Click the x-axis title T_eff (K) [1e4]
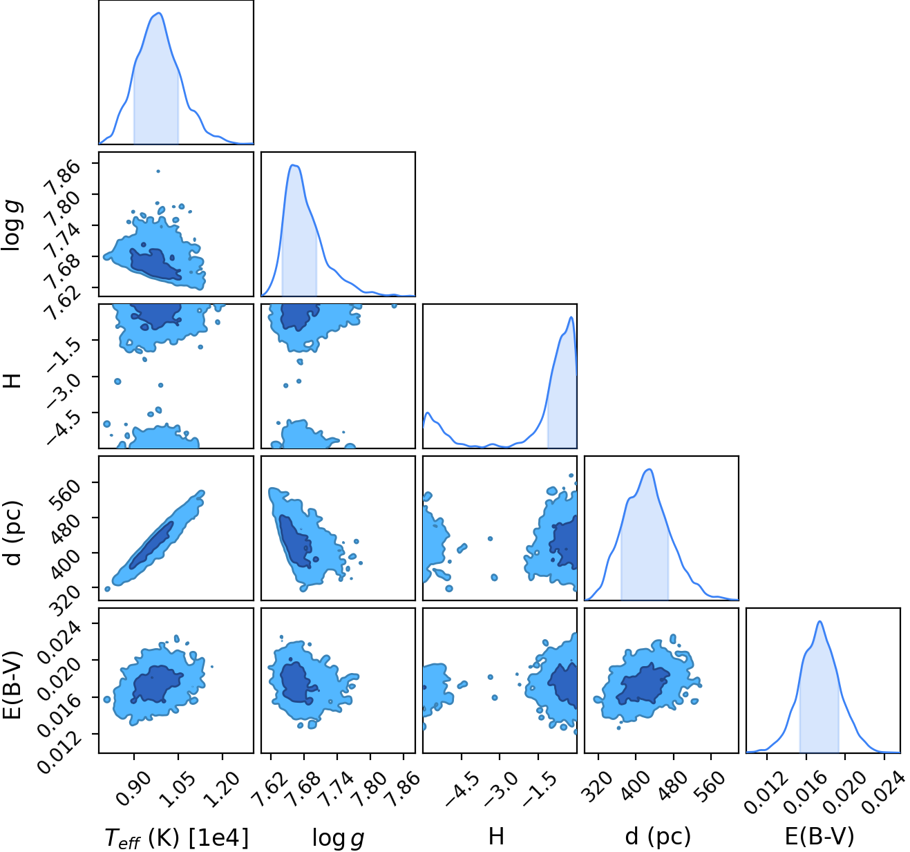(x=177, y=837)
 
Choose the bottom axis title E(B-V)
(x=819, y=837)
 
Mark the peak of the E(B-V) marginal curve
(x=819, y=621)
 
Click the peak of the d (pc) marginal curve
(x=649, y=469)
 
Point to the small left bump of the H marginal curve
(x=428, y=413)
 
